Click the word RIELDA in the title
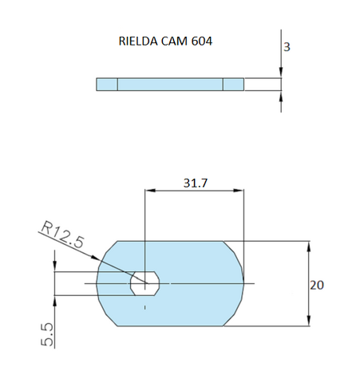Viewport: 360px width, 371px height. tap(138, 41)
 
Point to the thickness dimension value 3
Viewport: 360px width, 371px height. tap(287, 47)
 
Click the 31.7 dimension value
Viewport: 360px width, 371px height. tap(195, 183)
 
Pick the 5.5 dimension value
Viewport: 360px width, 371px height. tap(47, 334)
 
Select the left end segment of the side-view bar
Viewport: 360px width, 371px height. tap(107, 84)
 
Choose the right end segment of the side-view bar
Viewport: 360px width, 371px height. tap(233, 84)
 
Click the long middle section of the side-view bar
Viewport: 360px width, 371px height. tap(170, 84)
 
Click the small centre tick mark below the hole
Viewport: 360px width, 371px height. tap(144, 306)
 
